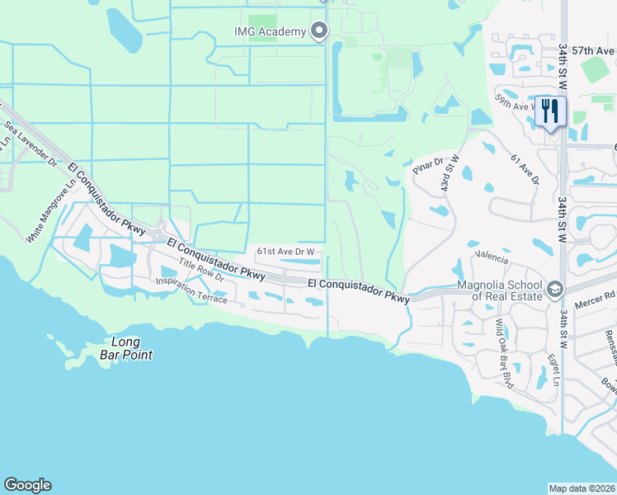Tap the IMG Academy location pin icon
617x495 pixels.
[319, 32]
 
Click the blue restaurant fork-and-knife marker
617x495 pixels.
[550, 111]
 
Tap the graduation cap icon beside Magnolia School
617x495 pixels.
[554, 290]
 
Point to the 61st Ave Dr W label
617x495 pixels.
[288, 251]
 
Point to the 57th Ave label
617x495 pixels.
[594, 51]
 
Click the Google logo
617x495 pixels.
[27, 485]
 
